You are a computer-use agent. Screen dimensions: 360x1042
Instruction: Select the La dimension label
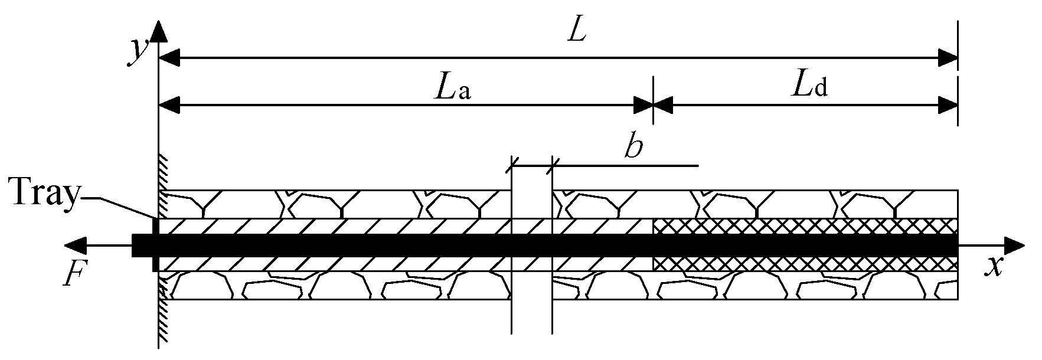pyautogui.click(x=452, y=89)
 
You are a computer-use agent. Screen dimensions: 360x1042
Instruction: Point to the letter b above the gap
pyautogui.click(x=633, y=149)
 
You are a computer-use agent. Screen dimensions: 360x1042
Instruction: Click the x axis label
pyautogui.click(x=994, y=268)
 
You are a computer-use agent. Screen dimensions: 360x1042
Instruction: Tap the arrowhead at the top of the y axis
pyautogui.click(x=159, y=31)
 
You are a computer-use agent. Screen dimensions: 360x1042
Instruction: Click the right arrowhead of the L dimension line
pyautogui.click(x=947, y=58)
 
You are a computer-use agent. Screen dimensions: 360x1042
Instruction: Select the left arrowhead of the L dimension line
pyautogui.click(x=169, y=58)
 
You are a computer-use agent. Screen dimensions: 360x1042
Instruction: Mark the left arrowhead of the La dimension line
pyautogui.click(x=169, y=106)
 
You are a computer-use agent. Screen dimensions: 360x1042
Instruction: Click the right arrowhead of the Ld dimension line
pyautogui.click(x=947, y=106)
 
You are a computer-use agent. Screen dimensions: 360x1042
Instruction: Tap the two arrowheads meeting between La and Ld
pyautogui.click(x=653, y=106)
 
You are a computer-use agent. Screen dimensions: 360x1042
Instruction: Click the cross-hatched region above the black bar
pyautogui.click(x=804, y=226)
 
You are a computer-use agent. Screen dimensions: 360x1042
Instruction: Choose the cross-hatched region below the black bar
pyautogui.click(x=804, y=264)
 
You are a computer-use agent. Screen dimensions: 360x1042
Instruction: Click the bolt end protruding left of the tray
pyautogui.click(x=142, y=245)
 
